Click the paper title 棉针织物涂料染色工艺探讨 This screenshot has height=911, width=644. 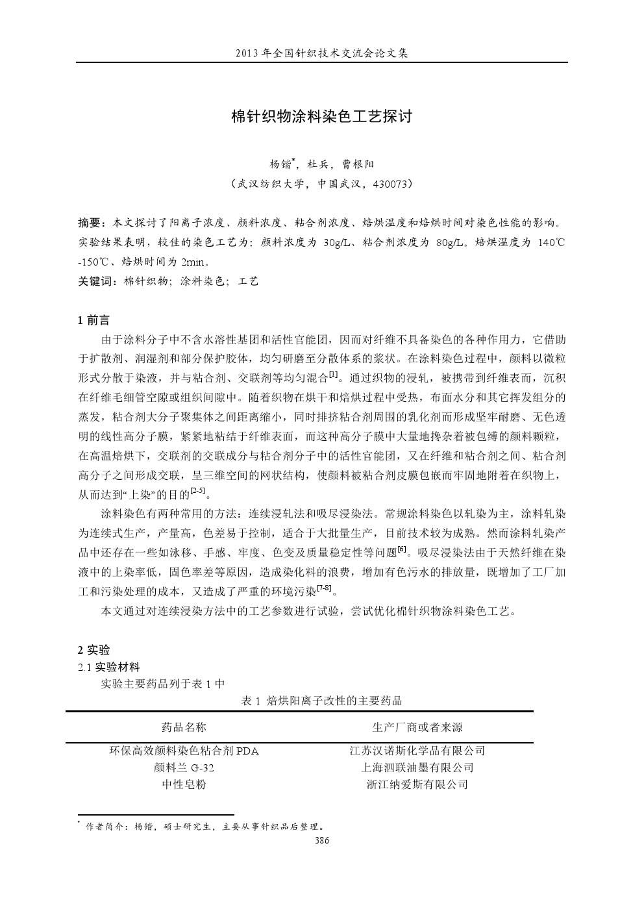[x=322, y=117]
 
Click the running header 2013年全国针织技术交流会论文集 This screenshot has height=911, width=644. [x=322, y=53]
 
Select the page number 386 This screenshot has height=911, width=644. [x=322, y=840]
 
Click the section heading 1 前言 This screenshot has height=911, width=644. [x=94, y=320]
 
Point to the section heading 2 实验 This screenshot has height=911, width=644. [x=94, y=650]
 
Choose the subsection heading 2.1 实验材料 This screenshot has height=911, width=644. [x=108, y=667]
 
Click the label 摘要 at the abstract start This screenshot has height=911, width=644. [x=90, y=223]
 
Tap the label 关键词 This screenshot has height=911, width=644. [x=95, y=281]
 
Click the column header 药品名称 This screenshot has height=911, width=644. [x=184, y=727]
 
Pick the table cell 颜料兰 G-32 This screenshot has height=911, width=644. [x=184, y=767]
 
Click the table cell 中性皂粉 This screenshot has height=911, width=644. [x=184, y=784]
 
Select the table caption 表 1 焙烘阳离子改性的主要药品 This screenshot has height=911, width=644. [x=321, y=700]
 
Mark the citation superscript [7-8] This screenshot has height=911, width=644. [x=324, y=588]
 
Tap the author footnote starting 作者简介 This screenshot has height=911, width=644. [x=201, y=827]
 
